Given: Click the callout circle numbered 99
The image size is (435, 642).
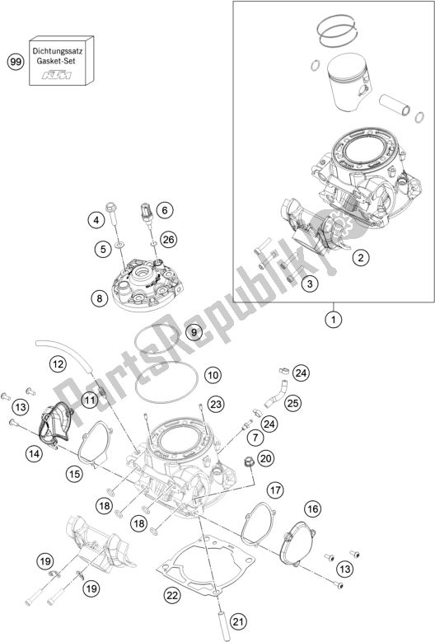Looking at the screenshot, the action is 16,63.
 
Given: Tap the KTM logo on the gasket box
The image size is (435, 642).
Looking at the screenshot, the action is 57,75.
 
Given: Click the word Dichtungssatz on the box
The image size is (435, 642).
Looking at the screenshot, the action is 58,52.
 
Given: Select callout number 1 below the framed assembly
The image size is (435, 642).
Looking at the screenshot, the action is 334,319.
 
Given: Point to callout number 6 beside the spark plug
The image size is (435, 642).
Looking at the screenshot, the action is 165,210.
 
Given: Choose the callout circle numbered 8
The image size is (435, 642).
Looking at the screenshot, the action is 100,298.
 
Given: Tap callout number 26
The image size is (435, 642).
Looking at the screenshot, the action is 168,239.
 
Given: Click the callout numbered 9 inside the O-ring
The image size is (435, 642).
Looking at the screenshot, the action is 194,331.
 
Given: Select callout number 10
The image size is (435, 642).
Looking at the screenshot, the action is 213,375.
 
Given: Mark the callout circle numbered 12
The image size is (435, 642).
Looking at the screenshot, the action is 58,363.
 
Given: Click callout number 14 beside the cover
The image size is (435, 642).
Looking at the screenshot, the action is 35,453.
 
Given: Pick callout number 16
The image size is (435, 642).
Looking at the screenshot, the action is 312,509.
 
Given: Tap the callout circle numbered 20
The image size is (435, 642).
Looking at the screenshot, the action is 266,458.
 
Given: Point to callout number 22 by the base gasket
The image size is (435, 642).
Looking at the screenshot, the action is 172,595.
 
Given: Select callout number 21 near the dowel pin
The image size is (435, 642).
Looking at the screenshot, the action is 239,622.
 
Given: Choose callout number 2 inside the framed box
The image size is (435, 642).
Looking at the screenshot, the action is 361,257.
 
